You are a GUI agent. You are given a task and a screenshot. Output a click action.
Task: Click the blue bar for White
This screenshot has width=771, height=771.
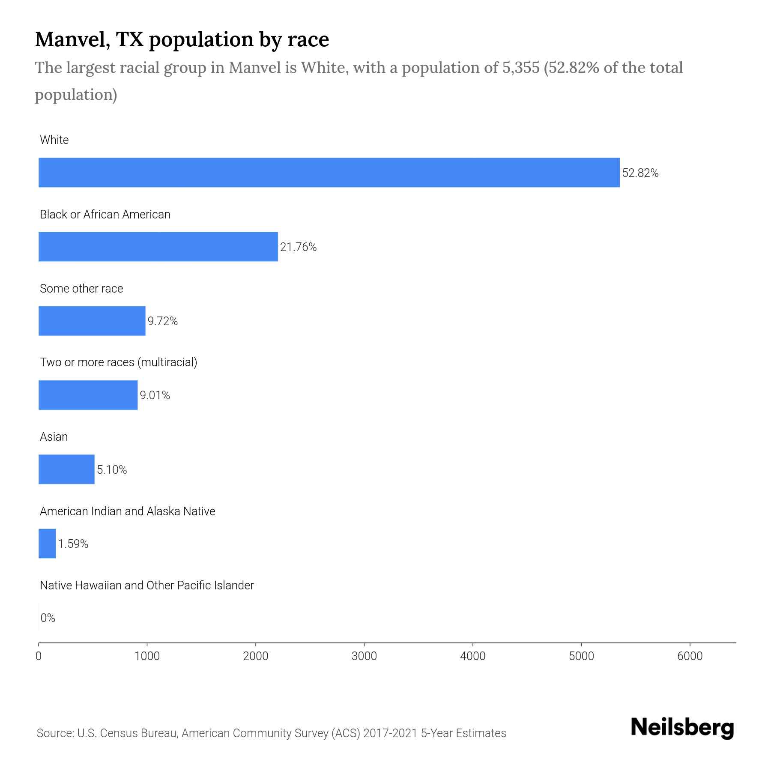pos(329,173)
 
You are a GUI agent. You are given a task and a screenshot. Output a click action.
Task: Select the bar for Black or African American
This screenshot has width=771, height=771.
pos(158,247)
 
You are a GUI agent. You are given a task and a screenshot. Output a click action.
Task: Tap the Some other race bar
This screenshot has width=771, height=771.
pos(92,321)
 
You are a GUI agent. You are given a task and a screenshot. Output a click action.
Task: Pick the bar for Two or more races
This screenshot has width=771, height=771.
pos(88,395)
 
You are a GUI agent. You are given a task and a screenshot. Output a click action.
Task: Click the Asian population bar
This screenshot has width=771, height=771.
pos(66,469)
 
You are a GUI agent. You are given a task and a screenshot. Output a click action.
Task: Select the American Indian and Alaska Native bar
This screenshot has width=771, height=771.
pos(47,544)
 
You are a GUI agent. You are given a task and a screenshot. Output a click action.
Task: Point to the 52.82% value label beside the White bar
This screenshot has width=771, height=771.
pos(640,173)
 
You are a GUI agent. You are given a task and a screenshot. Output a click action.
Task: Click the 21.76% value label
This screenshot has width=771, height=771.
pos(298,247)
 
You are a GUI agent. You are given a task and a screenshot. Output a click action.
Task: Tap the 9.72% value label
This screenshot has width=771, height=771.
pos(163,321)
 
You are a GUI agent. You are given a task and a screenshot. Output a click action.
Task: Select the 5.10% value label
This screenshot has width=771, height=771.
pos(112,470)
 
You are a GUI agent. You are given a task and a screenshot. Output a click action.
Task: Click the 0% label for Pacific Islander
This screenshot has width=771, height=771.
pos(48,618)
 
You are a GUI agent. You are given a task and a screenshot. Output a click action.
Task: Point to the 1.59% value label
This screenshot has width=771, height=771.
pos(73,544)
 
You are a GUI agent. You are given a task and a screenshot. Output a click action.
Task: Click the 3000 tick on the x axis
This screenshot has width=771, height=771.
pos(364,656)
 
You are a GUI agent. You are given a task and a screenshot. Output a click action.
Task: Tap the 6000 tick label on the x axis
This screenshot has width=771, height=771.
pos(690,656)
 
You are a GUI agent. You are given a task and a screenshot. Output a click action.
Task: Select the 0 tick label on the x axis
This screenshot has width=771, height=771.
pos(39,656)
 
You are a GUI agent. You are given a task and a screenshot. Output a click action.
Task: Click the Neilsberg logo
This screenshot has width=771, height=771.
pos(682,728)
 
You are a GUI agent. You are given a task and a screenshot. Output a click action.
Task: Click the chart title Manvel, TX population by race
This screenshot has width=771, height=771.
pos(182,39)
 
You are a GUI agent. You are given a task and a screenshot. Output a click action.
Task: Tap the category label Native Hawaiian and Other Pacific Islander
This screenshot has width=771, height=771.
pos(146,586)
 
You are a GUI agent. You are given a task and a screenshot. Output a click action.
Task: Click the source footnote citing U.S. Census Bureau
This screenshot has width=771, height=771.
pos(271,733)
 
